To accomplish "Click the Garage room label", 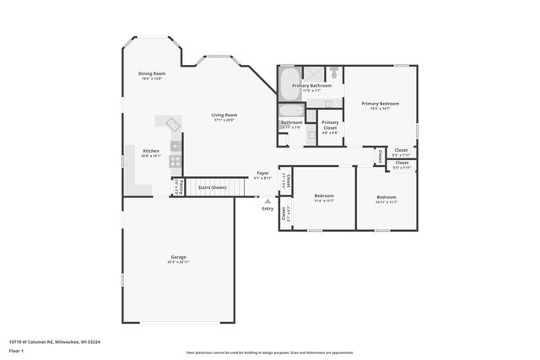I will [178, 257].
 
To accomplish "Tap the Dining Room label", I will [152, 73].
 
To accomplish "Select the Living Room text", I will [224, 115].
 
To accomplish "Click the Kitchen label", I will [150, 151].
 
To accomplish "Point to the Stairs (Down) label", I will [212, 187].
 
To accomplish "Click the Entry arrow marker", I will [268, 201].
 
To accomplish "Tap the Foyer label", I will [262, 173].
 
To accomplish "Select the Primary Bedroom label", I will [380, 104].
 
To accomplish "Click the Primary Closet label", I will [330, 122].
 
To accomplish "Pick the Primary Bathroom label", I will [311, 85].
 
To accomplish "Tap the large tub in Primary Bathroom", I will [287, 83].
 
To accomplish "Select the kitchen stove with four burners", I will [175, 160].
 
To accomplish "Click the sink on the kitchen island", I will [175, 125].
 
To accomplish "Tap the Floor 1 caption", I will [16, 352].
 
